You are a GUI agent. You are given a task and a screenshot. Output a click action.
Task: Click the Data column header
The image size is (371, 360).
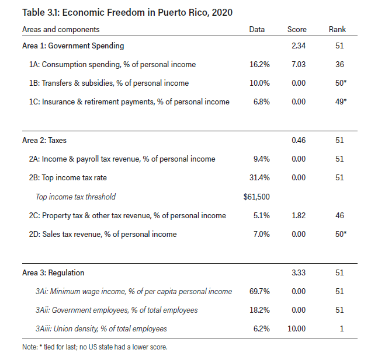point(256,29)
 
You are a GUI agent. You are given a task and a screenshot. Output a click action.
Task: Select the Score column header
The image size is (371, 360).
point(297,29)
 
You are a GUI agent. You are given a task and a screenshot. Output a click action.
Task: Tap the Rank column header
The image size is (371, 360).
point(337,29)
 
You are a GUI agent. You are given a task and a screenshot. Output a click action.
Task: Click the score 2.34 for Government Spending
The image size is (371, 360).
point(299,46)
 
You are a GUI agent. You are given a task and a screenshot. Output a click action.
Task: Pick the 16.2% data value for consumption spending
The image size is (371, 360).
point(259,64)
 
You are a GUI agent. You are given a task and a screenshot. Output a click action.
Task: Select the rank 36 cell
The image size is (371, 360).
point(339,64)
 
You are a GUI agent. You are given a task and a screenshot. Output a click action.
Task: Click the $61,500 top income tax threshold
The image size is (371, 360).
point(256,197)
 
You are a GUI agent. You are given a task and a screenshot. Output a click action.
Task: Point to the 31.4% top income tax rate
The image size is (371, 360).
point(259,177)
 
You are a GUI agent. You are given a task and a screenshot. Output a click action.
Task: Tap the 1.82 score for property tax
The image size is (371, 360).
point(299,215)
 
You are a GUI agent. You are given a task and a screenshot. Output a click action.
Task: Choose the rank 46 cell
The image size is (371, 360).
point(339,215)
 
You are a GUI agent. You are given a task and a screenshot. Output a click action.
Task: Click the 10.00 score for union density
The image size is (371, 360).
point(296,328)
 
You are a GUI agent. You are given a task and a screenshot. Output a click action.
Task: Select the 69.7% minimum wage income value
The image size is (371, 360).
point(259,291)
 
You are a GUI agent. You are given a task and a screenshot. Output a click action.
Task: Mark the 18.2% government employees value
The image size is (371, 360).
point(259,310)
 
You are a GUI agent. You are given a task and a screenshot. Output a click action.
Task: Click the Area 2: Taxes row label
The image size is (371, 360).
point(44,140)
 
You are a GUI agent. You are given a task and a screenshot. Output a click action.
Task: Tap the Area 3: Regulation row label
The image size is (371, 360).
point(53,272)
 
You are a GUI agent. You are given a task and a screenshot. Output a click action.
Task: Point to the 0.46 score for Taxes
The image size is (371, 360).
point(299,140)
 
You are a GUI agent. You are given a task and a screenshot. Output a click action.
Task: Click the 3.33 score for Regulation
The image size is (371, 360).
point(299,272)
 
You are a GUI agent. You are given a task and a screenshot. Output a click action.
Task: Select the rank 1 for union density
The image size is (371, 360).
point(342,328)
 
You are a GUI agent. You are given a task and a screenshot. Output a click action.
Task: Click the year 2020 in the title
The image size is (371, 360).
point(222,12)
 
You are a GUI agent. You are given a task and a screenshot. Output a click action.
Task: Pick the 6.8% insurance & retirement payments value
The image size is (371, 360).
point(261,102)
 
